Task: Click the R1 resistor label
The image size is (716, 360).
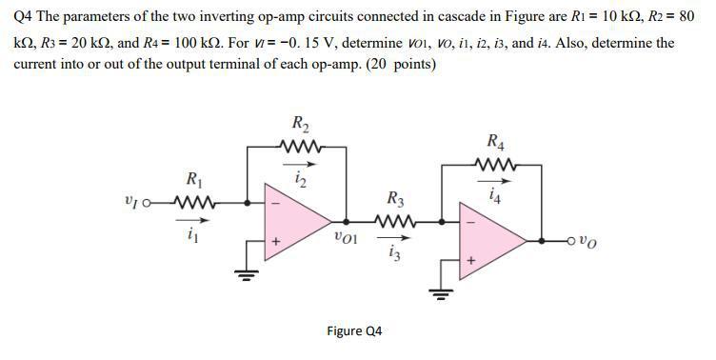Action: pyautogui.click(x=193, y=179)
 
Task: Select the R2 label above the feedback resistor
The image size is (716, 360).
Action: pyautogui.click(x=300, y=124)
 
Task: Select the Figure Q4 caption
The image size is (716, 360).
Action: pyautogui.click(x=354, y=330)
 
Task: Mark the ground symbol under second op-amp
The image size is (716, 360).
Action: pyautogui.click(x=439, y=292)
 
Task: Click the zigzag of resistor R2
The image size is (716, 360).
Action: pyautogui.click(x=300, y=146)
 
